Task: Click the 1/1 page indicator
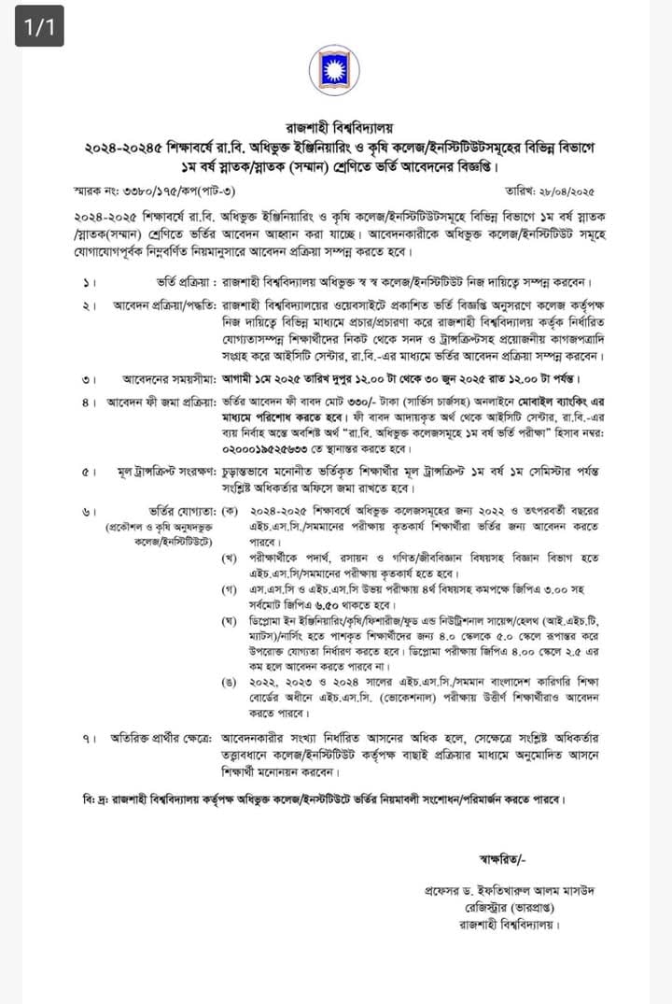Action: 38,28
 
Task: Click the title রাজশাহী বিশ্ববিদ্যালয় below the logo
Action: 336,128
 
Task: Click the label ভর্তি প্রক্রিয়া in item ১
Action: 187,283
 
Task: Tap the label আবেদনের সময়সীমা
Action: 170,380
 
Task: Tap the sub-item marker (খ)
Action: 229,558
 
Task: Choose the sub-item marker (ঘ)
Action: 229,621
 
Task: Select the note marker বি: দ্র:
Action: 94,800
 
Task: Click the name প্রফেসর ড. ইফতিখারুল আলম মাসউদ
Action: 492,892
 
